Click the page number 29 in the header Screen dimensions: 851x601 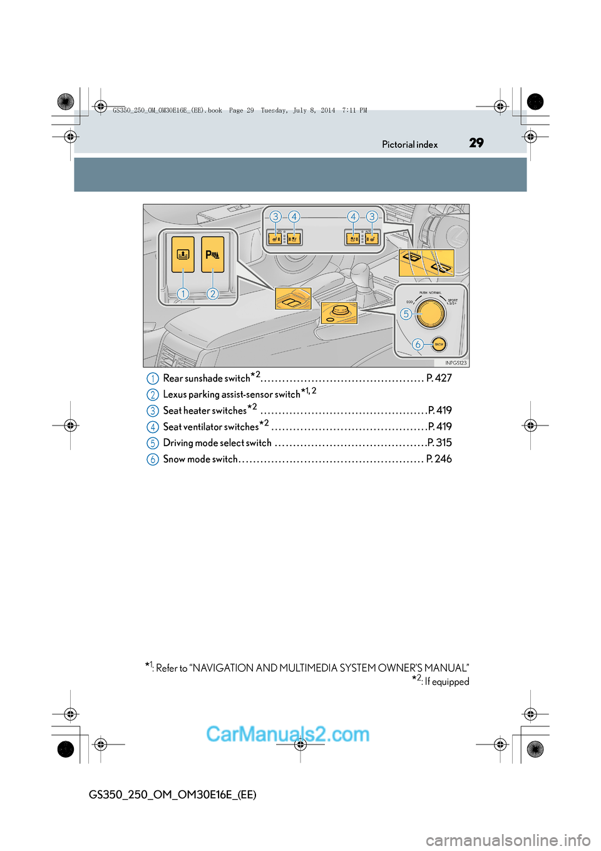(x=476, y=143)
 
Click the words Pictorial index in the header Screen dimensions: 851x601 (x=409, y=145)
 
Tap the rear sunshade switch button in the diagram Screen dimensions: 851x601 (x=183, y=254)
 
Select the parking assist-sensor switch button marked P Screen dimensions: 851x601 (x=213, y=254)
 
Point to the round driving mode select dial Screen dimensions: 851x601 (x=431, y=313)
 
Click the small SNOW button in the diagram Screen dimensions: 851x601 (x=439, y=344)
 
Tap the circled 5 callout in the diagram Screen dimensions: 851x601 (x=406, y=314)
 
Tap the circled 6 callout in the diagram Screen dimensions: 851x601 (x=418, y=344)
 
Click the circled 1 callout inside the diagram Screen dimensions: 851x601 (x=183, y=293)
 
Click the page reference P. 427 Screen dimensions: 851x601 (x=439, y=378)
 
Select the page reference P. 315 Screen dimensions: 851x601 (x=439, y=442)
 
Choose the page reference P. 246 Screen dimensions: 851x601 (x=439, y=459)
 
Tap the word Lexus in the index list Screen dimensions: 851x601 (x=175, y=394)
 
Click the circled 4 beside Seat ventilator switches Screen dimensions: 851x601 (x=153, y=427)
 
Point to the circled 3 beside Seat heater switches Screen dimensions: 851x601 (x=153, y=410)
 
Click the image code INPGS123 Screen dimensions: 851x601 (x=456, y=363)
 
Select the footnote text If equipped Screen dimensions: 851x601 (x=446, y=682)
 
